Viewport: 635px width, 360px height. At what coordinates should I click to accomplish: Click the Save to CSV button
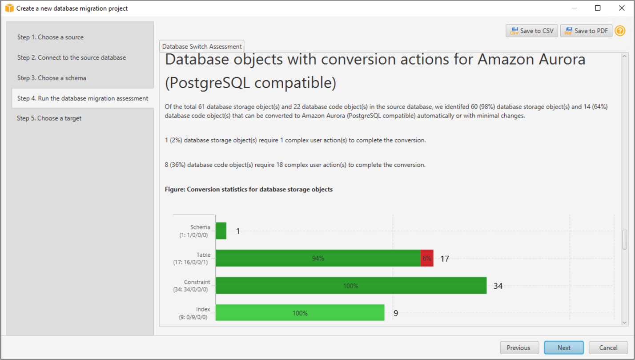point(531,31)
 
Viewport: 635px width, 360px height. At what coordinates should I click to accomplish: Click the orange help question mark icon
point(620,31)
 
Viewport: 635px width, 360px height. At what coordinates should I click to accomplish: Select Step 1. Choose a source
point(50,37)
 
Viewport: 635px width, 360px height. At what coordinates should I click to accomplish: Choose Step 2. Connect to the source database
point(72,57)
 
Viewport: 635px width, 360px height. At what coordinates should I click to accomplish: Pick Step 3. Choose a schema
point(52,78)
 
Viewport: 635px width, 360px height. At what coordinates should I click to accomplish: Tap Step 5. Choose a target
point(49,118)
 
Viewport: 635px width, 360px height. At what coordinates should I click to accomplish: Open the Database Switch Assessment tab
point(201,47)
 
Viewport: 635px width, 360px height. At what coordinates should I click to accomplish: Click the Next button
point(564,348)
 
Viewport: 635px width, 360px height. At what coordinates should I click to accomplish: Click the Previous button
point(519,348)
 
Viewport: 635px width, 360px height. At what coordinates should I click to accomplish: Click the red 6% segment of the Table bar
point(427,258)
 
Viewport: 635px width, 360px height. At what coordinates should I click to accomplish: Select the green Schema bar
point(221,231)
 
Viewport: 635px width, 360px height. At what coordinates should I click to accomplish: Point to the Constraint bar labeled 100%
point(351,285)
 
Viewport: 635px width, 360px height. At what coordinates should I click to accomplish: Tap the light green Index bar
point(300,313)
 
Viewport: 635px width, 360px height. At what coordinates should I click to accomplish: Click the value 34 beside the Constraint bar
point(498,286)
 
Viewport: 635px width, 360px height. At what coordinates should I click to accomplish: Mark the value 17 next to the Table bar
point(445,259)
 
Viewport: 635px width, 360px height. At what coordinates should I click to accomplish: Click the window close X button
point(622,8)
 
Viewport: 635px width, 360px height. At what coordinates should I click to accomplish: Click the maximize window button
point(598,8)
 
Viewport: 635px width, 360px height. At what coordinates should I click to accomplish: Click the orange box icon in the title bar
point(9,8)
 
